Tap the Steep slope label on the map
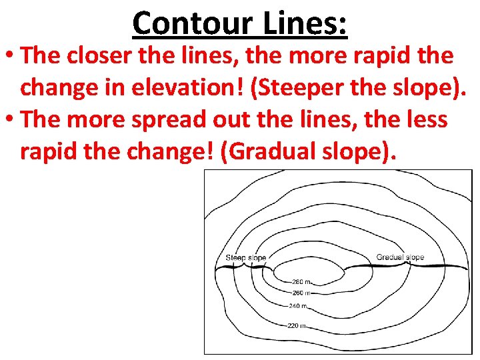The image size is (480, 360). [x=245, y=258]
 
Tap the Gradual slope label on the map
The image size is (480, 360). [x=400, y=257]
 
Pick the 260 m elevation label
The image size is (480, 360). [x=301, y=293]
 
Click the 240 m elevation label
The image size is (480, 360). [x=298, y=306]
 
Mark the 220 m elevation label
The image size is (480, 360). [x=297, y=326]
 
